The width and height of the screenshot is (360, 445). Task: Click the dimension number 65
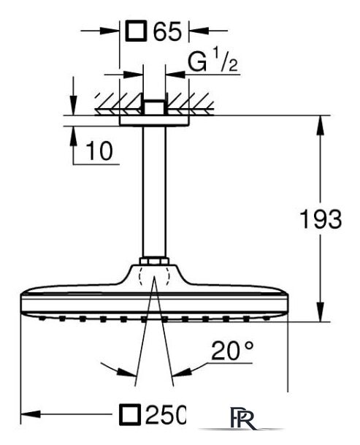pos(167,31)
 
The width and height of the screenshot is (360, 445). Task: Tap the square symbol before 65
pos(137,31)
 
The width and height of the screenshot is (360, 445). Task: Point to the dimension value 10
pos(99,151)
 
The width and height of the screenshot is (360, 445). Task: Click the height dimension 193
pos(321,219)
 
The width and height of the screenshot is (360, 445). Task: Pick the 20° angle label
pos(232,351)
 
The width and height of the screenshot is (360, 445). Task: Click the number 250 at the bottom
pos(165,414)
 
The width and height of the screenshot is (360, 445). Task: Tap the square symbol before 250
pos(130,414)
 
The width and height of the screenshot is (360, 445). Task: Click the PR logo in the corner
pos(241,418)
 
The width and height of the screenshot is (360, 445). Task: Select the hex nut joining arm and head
pos(154,261)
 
